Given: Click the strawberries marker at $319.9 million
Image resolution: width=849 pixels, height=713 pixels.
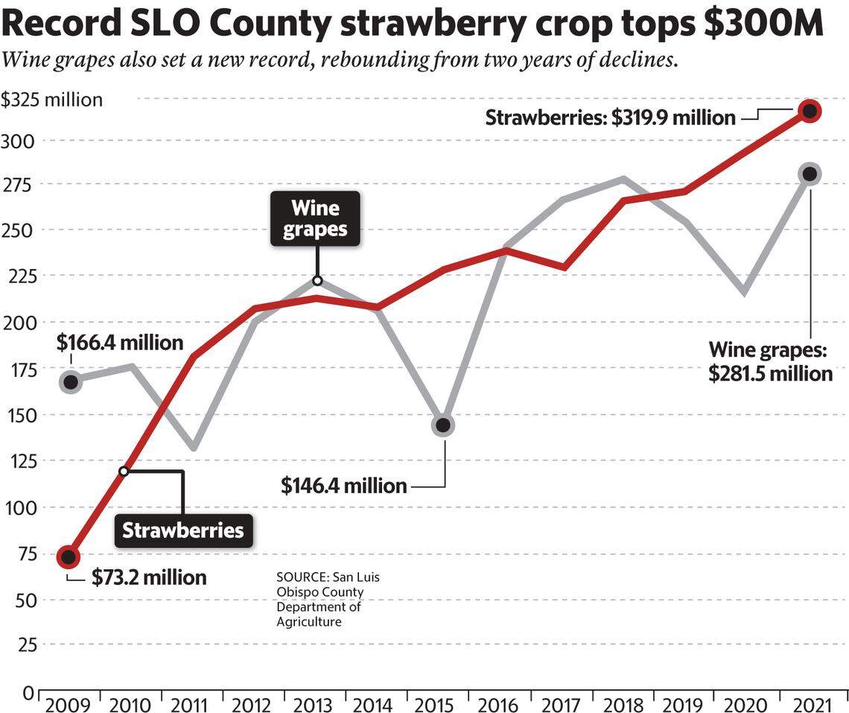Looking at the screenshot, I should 810,111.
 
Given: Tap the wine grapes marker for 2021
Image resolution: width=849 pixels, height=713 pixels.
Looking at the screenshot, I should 810,174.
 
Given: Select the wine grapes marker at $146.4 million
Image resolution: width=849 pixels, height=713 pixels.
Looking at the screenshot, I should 443,425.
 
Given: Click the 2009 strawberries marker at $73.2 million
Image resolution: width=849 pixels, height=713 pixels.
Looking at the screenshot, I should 69,556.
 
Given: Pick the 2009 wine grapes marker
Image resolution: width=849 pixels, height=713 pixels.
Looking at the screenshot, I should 71,382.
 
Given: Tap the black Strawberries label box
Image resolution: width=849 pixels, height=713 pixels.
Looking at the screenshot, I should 182,530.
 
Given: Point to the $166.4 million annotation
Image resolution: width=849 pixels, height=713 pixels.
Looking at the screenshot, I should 120,343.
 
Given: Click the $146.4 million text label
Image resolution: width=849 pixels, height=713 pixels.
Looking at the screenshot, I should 343,487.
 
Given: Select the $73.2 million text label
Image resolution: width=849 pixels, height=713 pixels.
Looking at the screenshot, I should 149,577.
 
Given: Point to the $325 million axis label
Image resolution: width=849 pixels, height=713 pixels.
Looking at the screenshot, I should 51,100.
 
